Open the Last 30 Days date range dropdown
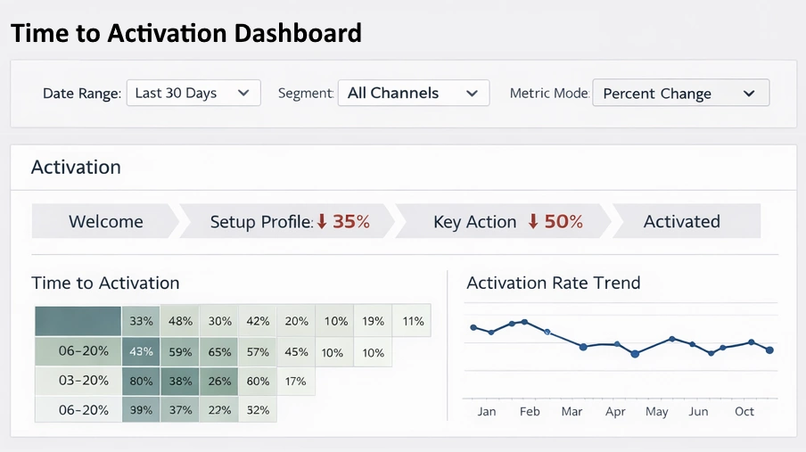tap(193, 94)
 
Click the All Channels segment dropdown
tap(413, 93)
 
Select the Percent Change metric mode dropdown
tap(679, 94)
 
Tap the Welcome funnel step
tap(105, 222)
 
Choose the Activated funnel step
tap(681, 222)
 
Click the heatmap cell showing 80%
tap(141, 381)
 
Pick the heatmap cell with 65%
tap(219, 352)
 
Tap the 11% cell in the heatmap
tap(413, 321)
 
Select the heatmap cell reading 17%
tap(295, 381)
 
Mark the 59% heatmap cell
tap(180, 352)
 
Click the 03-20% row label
tap(84, 381)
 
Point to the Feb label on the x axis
tap(530, 412)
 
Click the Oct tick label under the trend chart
tap(744, 412)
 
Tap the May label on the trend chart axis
tap(656, 412)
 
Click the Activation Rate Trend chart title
tap(553, 284)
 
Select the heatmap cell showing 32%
tap(258, 410)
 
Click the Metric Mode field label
tap(549, 94)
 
